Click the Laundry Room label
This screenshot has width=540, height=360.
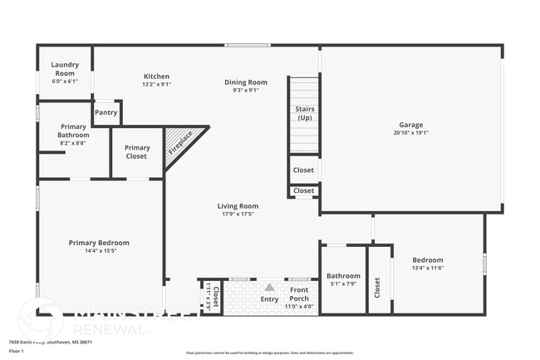tap(64, 69)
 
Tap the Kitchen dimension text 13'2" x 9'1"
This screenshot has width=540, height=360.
tap(156, 84)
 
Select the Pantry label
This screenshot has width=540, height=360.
tap(106, 112)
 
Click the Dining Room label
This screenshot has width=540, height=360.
tap(245, 81)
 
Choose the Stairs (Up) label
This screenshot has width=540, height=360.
tap(304, 114)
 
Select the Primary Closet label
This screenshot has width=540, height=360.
tap(137, 152)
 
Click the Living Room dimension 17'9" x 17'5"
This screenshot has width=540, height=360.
tap(238, 214)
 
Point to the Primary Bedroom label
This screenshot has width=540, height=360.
tap(99, 243)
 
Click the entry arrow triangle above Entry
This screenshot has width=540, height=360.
tap(269, 287)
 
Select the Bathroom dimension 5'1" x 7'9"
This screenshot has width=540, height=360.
tap(343, 284)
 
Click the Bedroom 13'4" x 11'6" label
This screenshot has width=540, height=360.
tap(428, 264)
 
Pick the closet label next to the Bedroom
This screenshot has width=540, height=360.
tap(378, 288)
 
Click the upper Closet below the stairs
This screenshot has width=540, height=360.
tap(304, 170)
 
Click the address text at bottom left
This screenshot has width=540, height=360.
tap(50, 342)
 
